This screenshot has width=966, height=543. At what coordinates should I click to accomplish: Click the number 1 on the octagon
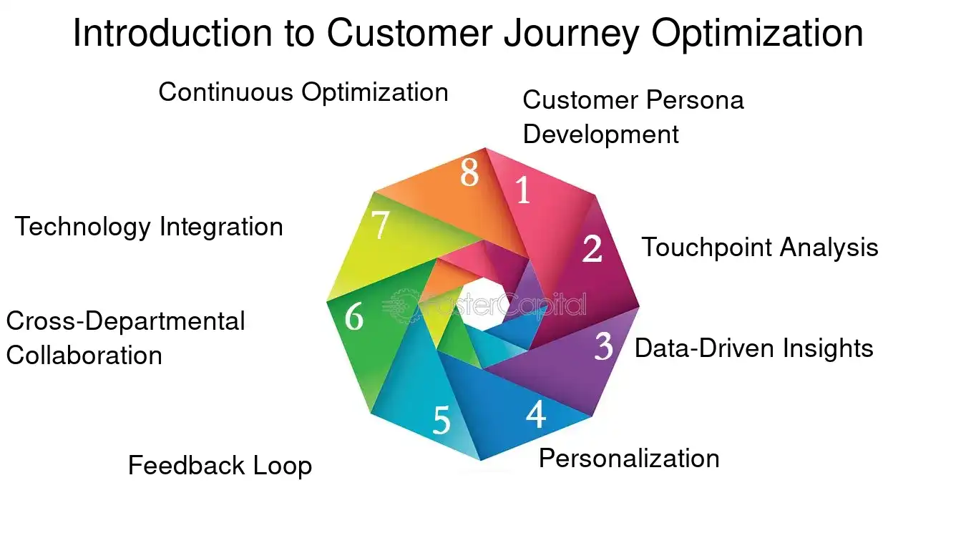click(524, 190)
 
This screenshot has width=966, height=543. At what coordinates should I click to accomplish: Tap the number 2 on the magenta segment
click(592, 249)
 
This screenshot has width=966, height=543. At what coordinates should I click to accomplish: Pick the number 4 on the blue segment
click(536, 414)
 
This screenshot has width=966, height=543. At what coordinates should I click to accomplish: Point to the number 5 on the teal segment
click(441, 421)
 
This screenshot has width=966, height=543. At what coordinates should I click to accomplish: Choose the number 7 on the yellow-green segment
click(381, 226)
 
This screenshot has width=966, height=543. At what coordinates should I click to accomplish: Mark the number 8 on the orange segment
click(469, 173)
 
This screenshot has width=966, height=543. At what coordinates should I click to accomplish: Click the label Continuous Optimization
click(303, 92)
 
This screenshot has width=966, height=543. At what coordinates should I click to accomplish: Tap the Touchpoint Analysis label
click(759, 248)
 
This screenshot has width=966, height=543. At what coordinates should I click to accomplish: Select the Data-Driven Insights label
click(753, 348)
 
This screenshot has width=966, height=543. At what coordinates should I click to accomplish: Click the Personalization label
click(628, 459)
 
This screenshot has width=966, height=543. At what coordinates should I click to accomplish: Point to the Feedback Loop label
click(220, 466)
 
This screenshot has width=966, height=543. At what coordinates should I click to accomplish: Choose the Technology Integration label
click(149, 227)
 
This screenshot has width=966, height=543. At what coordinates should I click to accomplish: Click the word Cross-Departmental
click(125, 321)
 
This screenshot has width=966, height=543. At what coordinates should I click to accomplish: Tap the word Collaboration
click(84, 356)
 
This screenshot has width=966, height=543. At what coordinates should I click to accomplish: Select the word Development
click(600, 134)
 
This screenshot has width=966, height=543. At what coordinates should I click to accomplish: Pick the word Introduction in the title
click(172, 34)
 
